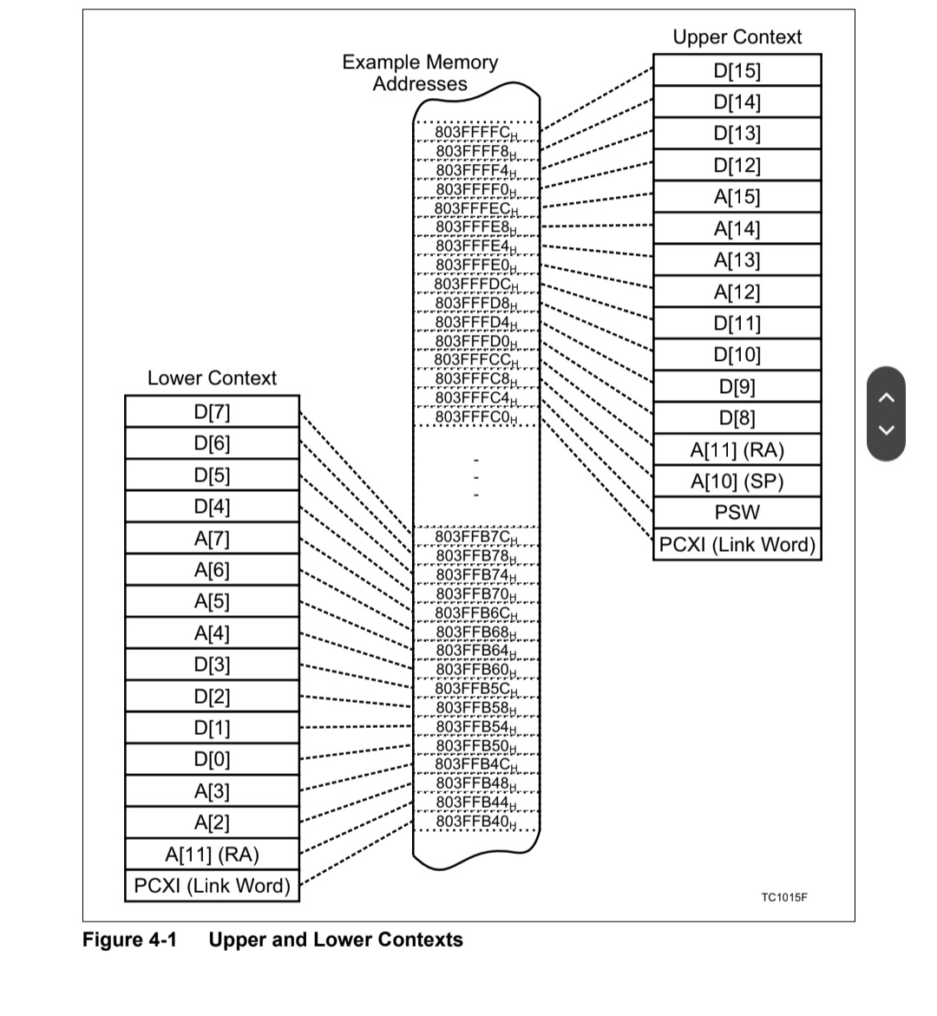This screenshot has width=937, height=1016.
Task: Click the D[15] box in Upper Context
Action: [x=737, y=70]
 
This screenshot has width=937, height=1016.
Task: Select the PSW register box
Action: [x=737, y=513]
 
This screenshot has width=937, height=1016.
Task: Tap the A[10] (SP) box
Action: [x=737, y=482]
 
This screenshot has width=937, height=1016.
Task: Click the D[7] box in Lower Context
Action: [x=213, y=411]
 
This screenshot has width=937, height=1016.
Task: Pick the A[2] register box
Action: [x=213, y=823]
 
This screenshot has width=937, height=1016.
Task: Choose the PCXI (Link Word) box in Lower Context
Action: [x=213, y=886]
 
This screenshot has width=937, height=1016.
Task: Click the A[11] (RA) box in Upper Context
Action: [x=737, y=450]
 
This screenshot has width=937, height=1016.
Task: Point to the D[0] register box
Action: [x=213, y=760]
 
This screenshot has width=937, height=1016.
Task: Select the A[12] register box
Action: [x=737, y=292]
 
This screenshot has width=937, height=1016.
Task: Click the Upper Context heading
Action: [x=737, y=37]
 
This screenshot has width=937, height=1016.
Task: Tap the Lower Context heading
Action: [x=212, y=378]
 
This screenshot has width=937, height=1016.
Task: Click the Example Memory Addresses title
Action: [x=420, y=73]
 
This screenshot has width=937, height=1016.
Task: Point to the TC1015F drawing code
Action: [x=783, y=897]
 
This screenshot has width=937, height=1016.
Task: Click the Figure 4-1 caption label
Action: [x=129, y=940]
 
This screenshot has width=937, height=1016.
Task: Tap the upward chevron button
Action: [x=886, y=397]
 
